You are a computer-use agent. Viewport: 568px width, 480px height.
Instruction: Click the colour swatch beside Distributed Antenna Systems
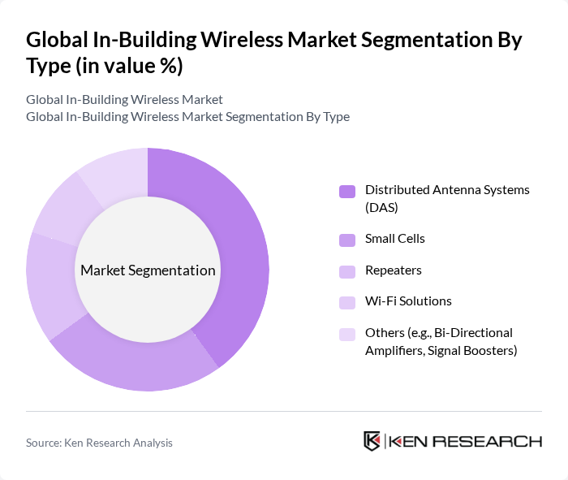click(x=347, y=192)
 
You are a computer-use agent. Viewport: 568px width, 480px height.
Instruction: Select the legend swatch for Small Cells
click(x=347, y=240)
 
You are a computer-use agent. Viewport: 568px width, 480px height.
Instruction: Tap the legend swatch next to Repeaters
click(x=347, y=270)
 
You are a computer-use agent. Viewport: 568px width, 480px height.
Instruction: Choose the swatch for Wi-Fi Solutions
click(x=347, y=302)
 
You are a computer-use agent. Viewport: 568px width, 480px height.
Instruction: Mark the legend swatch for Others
click(x=347, y=334)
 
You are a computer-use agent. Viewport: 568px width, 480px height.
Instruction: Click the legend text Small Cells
click(x=395, y=239)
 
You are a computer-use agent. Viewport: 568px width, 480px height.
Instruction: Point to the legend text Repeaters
click(x=394, y=270)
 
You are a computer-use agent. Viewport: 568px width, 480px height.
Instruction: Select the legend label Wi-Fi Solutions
click(x=408, y=301)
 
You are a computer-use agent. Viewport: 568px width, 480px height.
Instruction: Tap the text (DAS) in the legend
click(x=381, y=208)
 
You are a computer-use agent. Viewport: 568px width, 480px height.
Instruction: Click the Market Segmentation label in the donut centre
click(x=148, y=270)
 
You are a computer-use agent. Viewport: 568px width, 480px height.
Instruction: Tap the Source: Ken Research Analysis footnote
click(x=99, y=443)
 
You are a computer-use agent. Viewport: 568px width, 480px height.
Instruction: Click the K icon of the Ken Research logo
click(x=372, y=441)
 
